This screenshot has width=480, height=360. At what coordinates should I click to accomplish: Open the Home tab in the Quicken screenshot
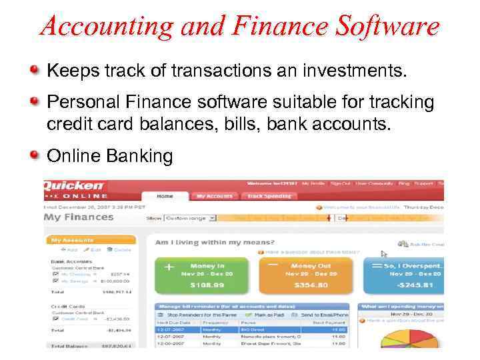tap(165, 196)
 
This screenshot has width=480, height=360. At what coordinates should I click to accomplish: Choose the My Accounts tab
tap(214, 196)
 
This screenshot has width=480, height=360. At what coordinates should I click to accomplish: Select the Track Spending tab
tap(269, 196)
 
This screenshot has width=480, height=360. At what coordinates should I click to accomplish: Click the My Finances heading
tap(79, 217)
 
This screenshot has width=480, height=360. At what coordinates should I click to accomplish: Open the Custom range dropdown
tap(191, 217)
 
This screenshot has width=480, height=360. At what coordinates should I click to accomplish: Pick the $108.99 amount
tap(207, 285)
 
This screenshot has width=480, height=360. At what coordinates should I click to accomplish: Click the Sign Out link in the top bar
tap(341, 182)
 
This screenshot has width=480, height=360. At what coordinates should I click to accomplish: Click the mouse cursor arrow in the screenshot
tap(383, 254)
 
